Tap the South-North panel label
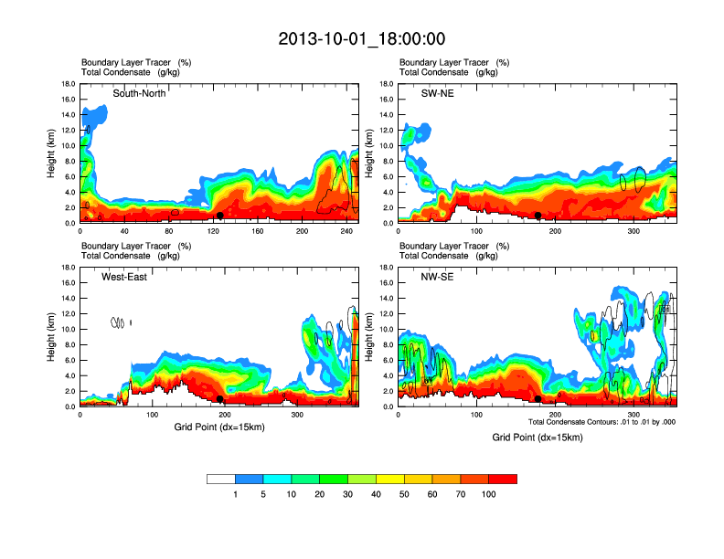[x=139, y=93]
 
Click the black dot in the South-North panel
[x=220, y=216]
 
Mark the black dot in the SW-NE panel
[x=538, y=216]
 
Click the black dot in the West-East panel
[x=220, y=399]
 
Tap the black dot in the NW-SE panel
[x=538, y=399]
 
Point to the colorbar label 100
[x=489, y=494]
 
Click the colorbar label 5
[x=263, y=494]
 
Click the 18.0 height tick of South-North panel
[x=68, y=84]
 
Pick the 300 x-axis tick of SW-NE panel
[x=633, y=231]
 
